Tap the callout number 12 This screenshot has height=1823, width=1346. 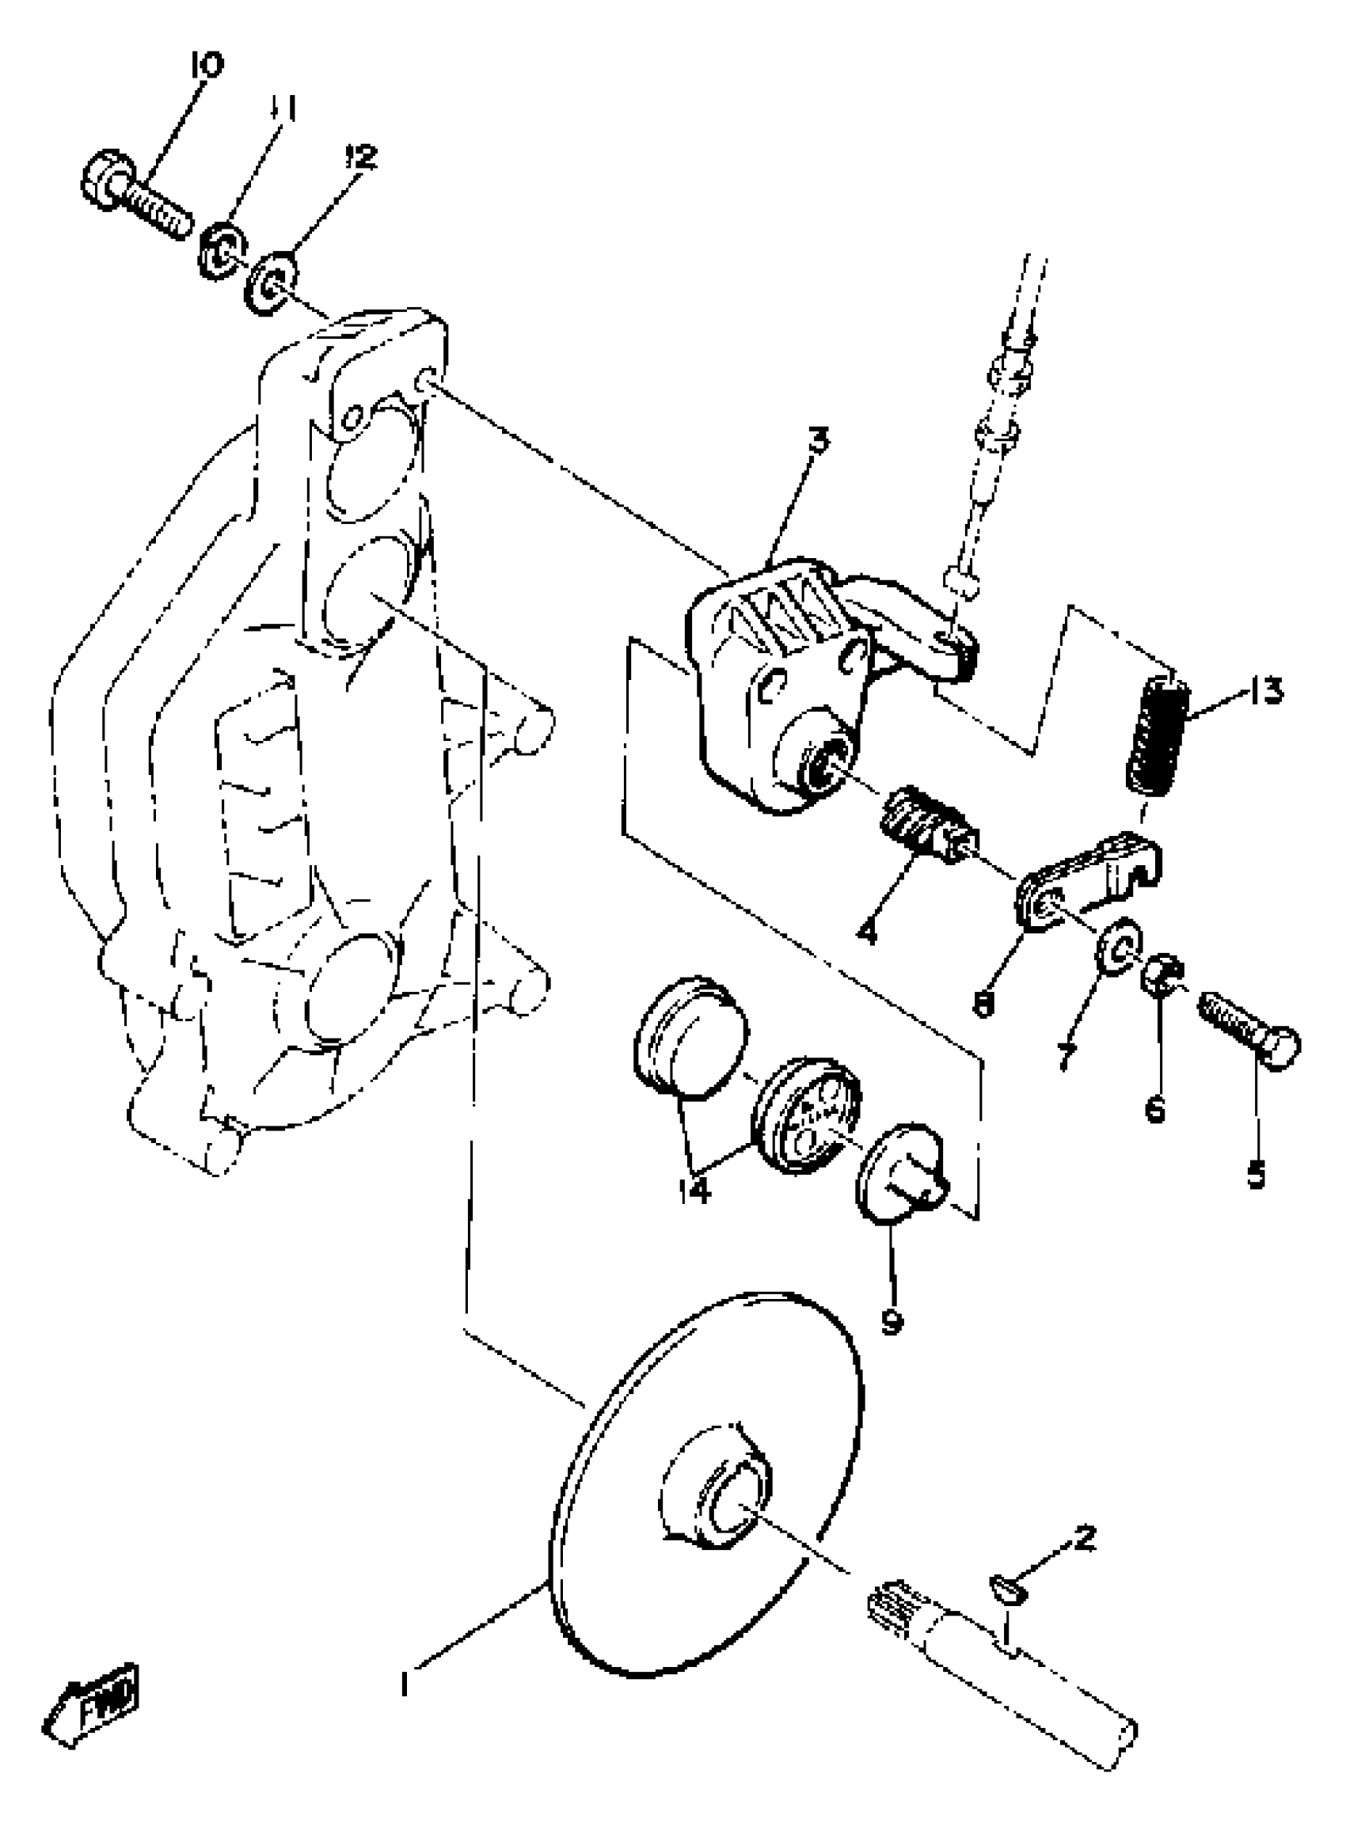point(362,157)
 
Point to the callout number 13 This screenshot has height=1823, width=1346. point(1264,691)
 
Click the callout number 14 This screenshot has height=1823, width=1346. point(694,1191)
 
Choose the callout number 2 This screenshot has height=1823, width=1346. point(1085,1537)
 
